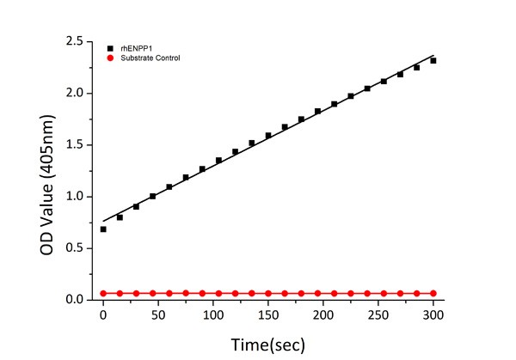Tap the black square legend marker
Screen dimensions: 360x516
[x=110, y=47]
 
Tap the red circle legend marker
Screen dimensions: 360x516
[x=110, y=58]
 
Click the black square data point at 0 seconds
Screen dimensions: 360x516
[x=103, y=229]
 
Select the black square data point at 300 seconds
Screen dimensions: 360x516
[x=433, y=60]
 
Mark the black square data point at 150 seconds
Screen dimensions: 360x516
[x=268, y=135]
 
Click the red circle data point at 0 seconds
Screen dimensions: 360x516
[x=103, y=293]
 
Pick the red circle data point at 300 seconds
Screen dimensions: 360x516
[x=433, y=293]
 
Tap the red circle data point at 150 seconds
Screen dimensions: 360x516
[x=268, y=293]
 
